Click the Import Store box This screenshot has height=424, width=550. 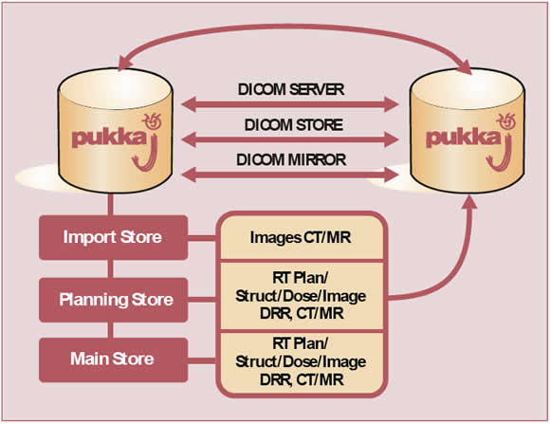tap(113, 238)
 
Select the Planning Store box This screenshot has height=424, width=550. tap(113, 300)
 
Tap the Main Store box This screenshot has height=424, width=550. tap(113, 359)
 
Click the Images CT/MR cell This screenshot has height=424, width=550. tap(301, 238)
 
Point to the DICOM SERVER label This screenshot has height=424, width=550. tap(291, 89)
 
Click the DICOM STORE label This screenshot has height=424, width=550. tap(294, 125)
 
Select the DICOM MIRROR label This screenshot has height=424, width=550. tap(291, 160)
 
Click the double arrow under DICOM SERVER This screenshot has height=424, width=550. tap(290, 104)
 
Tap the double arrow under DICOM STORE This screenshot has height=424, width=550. tap(290, 139)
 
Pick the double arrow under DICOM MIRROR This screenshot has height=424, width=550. tap(290, 175)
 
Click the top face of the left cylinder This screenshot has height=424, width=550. tap(115, 88)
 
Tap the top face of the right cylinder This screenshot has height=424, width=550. tap(467, 88)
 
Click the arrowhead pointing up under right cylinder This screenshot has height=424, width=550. tap(468, 203)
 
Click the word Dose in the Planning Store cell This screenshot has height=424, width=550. tap(301, 296)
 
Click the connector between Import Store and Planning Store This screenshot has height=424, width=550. tap(111, 268)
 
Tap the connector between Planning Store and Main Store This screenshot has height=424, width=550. tap(111, 330)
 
